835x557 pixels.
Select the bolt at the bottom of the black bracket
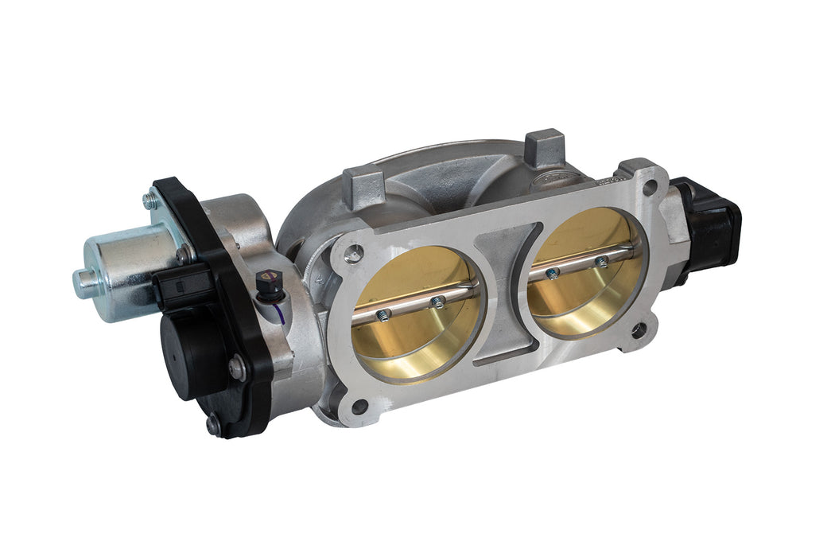coord(213,426)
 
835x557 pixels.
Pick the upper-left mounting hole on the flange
coord(355,254)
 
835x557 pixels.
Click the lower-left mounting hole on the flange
coord(359,407)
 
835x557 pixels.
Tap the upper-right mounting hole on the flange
coord(650,188)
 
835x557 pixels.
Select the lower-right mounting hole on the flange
coord(638,329)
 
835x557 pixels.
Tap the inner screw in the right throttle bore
coord(552,273)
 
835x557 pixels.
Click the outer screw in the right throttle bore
coord(602,260)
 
